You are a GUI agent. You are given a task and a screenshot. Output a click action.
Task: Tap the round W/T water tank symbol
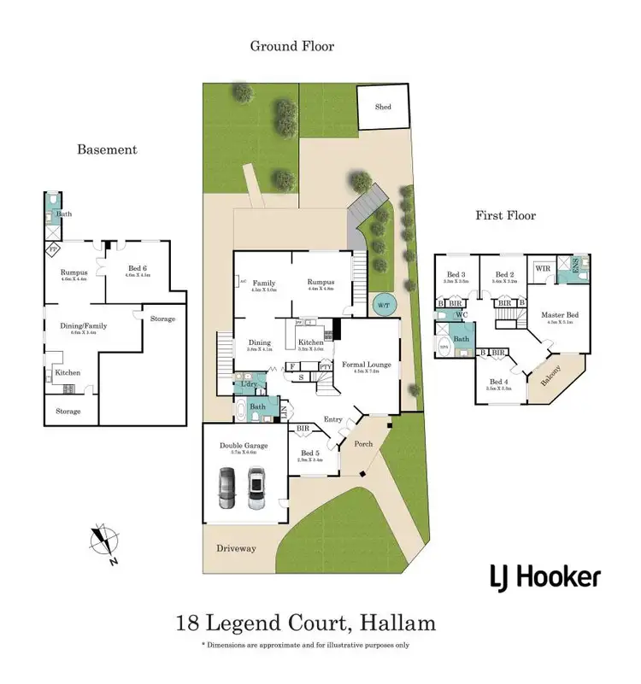379,303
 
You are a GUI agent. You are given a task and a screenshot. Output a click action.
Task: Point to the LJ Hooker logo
544,578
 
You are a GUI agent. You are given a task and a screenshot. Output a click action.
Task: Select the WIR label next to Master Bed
542,269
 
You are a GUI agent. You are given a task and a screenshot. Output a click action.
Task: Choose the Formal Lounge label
367,364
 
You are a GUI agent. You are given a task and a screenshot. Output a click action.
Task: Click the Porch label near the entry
365,443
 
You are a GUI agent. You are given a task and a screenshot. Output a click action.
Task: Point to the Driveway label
236,547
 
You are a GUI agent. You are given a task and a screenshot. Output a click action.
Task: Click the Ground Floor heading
291,46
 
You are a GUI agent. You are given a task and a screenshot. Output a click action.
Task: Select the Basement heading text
107,149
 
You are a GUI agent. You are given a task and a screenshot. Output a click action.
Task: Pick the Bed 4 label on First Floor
497,382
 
